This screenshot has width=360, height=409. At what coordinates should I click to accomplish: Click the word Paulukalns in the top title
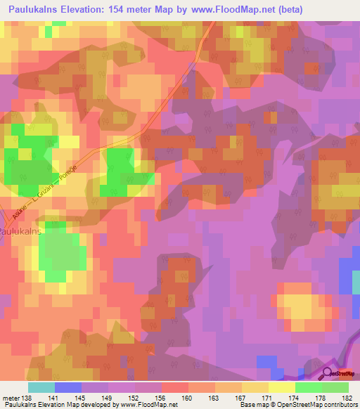tap(32, 11)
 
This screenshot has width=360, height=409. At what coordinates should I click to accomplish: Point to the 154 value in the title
tap(126, 11)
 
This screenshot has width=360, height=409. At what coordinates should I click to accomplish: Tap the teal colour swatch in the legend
tap(41, 388)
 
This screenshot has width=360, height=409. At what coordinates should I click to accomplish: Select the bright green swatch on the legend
tap(308, 388)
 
